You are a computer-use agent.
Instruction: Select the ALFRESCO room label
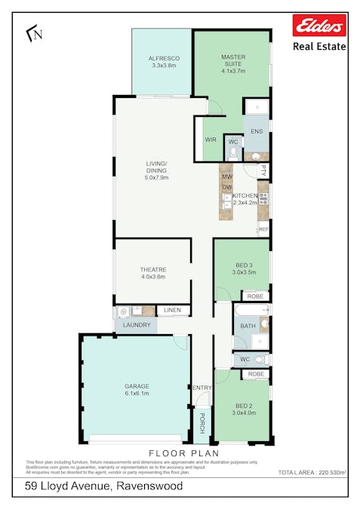click(x=162, y=58)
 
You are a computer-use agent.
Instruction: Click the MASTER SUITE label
click(x=233, y=57)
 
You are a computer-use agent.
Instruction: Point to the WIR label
click(x=211, y=140)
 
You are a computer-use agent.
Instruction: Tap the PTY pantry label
click(x=263, y=171)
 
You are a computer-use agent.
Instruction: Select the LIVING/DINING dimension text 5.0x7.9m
click(x=157, y=178)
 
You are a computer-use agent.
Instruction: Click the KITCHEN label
click(x=245, y=195)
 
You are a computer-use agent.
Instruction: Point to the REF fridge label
click(x=263, y=228)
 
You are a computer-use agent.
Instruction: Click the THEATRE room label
click(x=152, y=269)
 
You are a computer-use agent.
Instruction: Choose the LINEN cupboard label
click(x=172, y=311)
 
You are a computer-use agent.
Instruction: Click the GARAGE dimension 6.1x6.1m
click(x=137, y=394)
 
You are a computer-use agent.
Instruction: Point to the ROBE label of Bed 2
click(x=256, y=374)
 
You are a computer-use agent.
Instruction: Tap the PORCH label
click(x=202, y=427)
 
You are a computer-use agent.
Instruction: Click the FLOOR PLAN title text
click(x=179, y=453)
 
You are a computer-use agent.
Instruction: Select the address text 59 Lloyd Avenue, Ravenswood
click(x=103, y=486)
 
